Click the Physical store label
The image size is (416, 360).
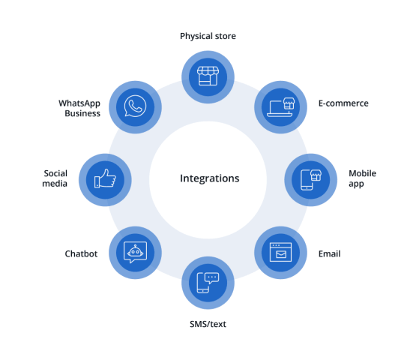pyautogui.click(x=208, y=36)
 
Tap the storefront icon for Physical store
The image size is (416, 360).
pyautogui.click(x=208, y=76)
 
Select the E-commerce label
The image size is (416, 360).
pyautogui.click(x=343, y=103)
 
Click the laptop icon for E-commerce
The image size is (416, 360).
pyautogui.click(x=279, y=109)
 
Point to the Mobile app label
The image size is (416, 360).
pyautogui.click(x=363, y=178)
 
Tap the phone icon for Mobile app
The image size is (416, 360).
pyautogui.click(x=307, y=180)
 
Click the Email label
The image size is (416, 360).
pyautogui.click(x=329, y=253)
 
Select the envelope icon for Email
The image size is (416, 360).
pyautogui.click(x=280, y=254)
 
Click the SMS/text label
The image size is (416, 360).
pyautogui.click(x=208, y=324)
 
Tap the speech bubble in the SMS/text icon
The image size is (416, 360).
pyautogui.click(x=211, y=278)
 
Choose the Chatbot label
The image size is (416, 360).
pyautogui.click(x=81, y=253)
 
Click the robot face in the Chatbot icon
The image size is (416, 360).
pyautogui.click(x=136, y=251)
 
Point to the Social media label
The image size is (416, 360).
pyautogui.click(x=55, y=178)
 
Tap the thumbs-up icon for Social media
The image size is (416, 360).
pyautogui.click(x=105, y=178)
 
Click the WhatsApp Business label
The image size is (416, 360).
pyautogui.click(x=79, y=108)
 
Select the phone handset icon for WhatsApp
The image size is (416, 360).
pyautogui.click(x=136, y=106)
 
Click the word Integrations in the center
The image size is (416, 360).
pyautogui.click(x=210, y=178)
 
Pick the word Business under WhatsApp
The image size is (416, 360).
pyautogui.click(x=82, y=113)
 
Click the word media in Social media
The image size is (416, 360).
pyautogui.click(x=55, y=184)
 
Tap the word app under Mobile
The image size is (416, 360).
pyautogui.click(x=356, y=184)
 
